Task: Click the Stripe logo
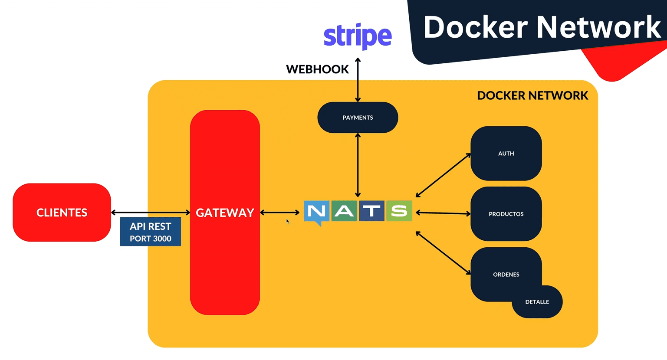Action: (358, 36)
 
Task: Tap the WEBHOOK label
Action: (317, 69)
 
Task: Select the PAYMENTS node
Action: (358, 118)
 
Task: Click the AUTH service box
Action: (506, 154)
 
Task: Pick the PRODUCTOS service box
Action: (506, 214)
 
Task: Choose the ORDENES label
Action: (506, 275)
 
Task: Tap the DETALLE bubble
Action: (537, 302)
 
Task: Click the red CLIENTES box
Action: (62, 213)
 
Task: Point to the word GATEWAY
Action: (225, 213)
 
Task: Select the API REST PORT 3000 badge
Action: (150, 232)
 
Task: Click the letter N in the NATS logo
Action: (316, 211)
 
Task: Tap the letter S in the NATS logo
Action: (399, 211)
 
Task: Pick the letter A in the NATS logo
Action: (344, 211)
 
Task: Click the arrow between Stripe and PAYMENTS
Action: (358, 80)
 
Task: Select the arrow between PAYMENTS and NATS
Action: (358, 165)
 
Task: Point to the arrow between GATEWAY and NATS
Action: (279, 213)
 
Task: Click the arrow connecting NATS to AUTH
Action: (443, 175)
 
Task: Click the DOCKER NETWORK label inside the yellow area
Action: (532, 95)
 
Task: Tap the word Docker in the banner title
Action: (475, 27)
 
